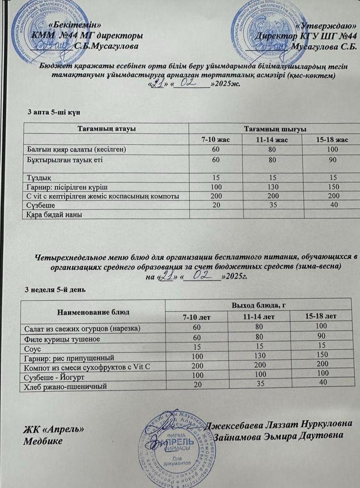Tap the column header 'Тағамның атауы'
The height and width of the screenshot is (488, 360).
107,129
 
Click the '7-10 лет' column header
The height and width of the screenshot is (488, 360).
196,316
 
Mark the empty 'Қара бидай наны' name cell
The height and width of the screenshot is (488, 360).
53,214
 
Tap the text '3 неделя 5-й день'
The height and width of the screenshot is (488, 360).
54,290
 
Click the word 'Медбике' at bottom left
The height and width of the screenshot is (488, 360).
43,441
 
